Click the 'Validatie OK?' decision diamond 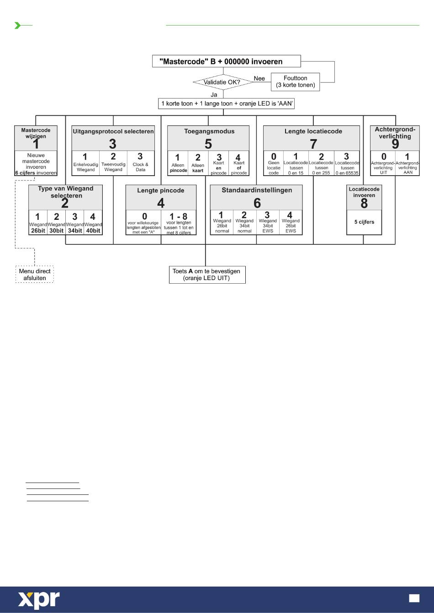223,82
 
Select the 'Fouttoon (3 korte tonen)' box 295,82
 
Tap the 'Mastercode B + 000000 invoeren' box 226,61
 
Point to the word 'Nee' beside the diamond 259,78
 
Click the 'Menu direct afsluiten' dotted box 35,274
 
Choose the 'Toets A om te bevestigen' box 207,275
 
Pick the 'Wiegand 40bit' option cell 93,223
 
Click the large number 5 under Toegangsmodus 208,144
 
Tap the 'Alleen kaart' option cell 198,163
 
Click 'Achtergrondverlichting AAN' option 408,163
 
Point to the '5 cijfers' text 364,222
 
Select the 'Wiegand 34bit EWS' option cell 268,222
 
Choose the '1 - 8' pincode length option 179,223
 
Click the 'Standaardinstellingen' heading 257,190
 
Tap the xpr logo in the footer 39,599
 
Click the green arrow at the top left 17,26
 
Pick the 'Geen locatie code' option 274,163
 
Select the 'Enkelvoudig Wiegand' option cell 85,163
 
